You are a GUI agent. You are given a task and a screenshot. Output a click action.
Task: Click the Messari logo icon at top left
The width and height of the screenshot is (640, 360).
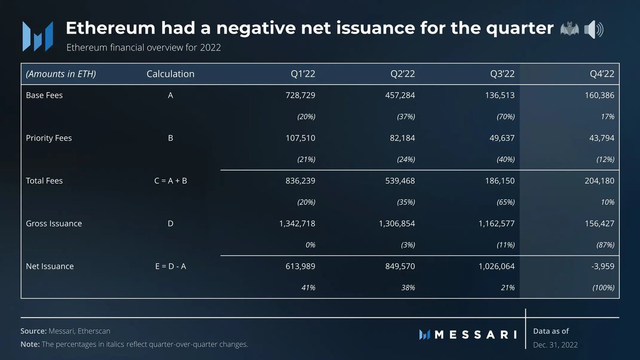pos(37,36)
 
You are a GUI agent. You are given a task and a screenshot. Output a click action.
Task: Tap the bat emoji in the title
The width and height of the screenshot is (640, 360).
pos(570,29)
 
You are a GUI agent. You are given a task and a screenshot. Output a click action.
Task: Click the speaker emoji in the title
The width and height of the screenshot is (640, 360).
pos(594,29)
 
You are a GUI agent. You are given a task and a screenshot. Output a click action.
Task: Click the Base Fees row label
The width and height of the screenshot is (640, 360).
pos(44,95)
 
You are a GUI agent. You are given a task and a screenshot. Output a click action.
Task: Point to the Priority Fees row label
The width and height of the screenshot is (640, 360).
pos(49,138)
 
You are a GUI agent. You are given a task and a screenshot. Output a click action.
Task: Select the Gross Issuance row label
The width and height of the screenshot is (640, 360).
pos(54,223)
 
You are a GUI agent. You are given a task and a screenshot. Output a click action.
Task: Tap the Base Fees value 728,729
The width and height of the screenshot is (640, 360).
pos(298,95)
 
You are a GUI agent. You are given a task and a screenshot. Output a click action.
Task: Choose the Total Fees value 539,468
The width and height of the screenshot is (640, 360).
pos(397,181)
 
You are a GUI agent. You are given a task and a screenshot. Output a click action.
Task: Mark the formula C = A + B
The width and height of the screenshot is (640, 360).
pos(170,181)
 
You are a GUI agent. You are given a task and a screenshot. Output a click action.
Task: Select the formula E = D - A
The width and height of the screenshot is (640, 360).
pos(170,266)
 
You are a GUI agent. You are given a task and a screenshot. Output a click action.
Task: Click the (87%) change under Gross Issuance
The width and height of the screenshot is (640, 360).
pos(603,245)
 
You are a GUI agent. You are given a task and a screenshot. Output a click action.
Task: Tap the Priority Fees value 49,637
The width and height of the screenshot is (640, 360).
pos(500,138)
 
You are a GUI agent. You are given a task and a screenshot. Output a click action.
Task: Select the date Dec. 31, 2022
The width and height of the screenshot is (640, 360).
pos(555,345)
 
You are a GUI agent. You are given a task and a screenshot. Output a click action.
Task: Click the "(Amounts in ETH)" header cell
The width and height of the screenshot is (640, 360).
pos(61,74)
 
